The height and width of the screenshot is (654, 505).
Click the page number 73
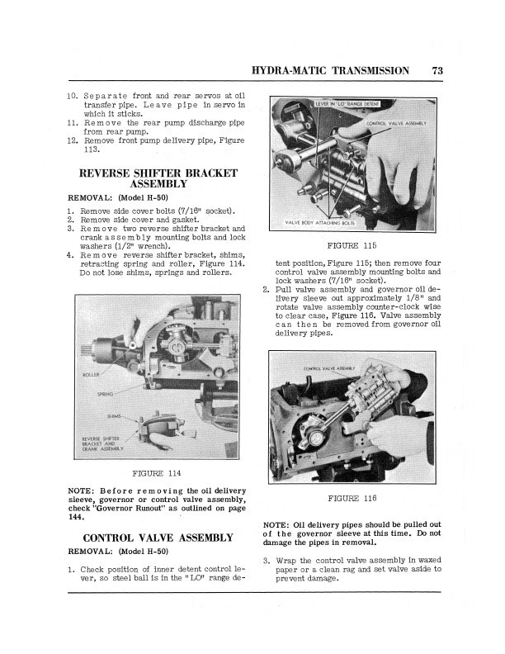pos(437,71)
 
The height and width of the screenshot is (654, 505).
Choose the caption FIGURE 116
pos(352,499)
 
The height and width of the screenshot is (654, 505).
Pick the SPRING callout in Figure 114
pos(105,394)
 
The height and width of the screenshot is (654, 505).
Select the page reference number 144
pos(76,518)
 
